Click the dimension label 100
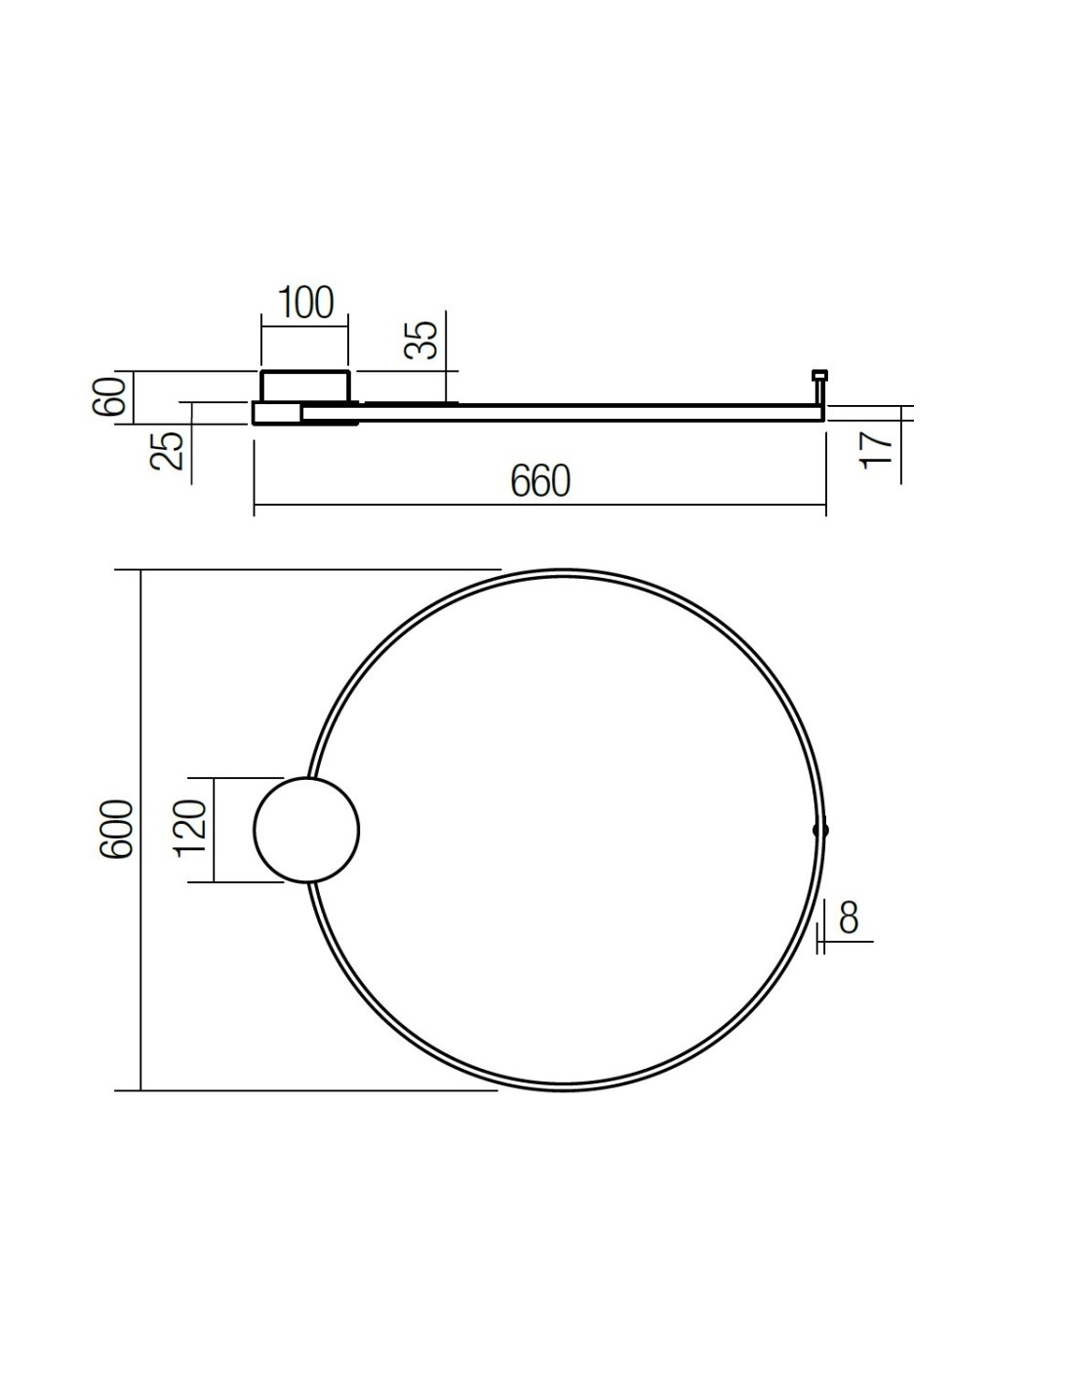305,303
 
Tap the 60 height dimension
109,396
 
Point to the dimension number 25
167,451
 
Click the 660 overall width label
540,481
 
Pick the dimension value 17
877,449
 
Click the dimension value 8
849,918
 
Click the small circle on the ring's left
254,830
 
